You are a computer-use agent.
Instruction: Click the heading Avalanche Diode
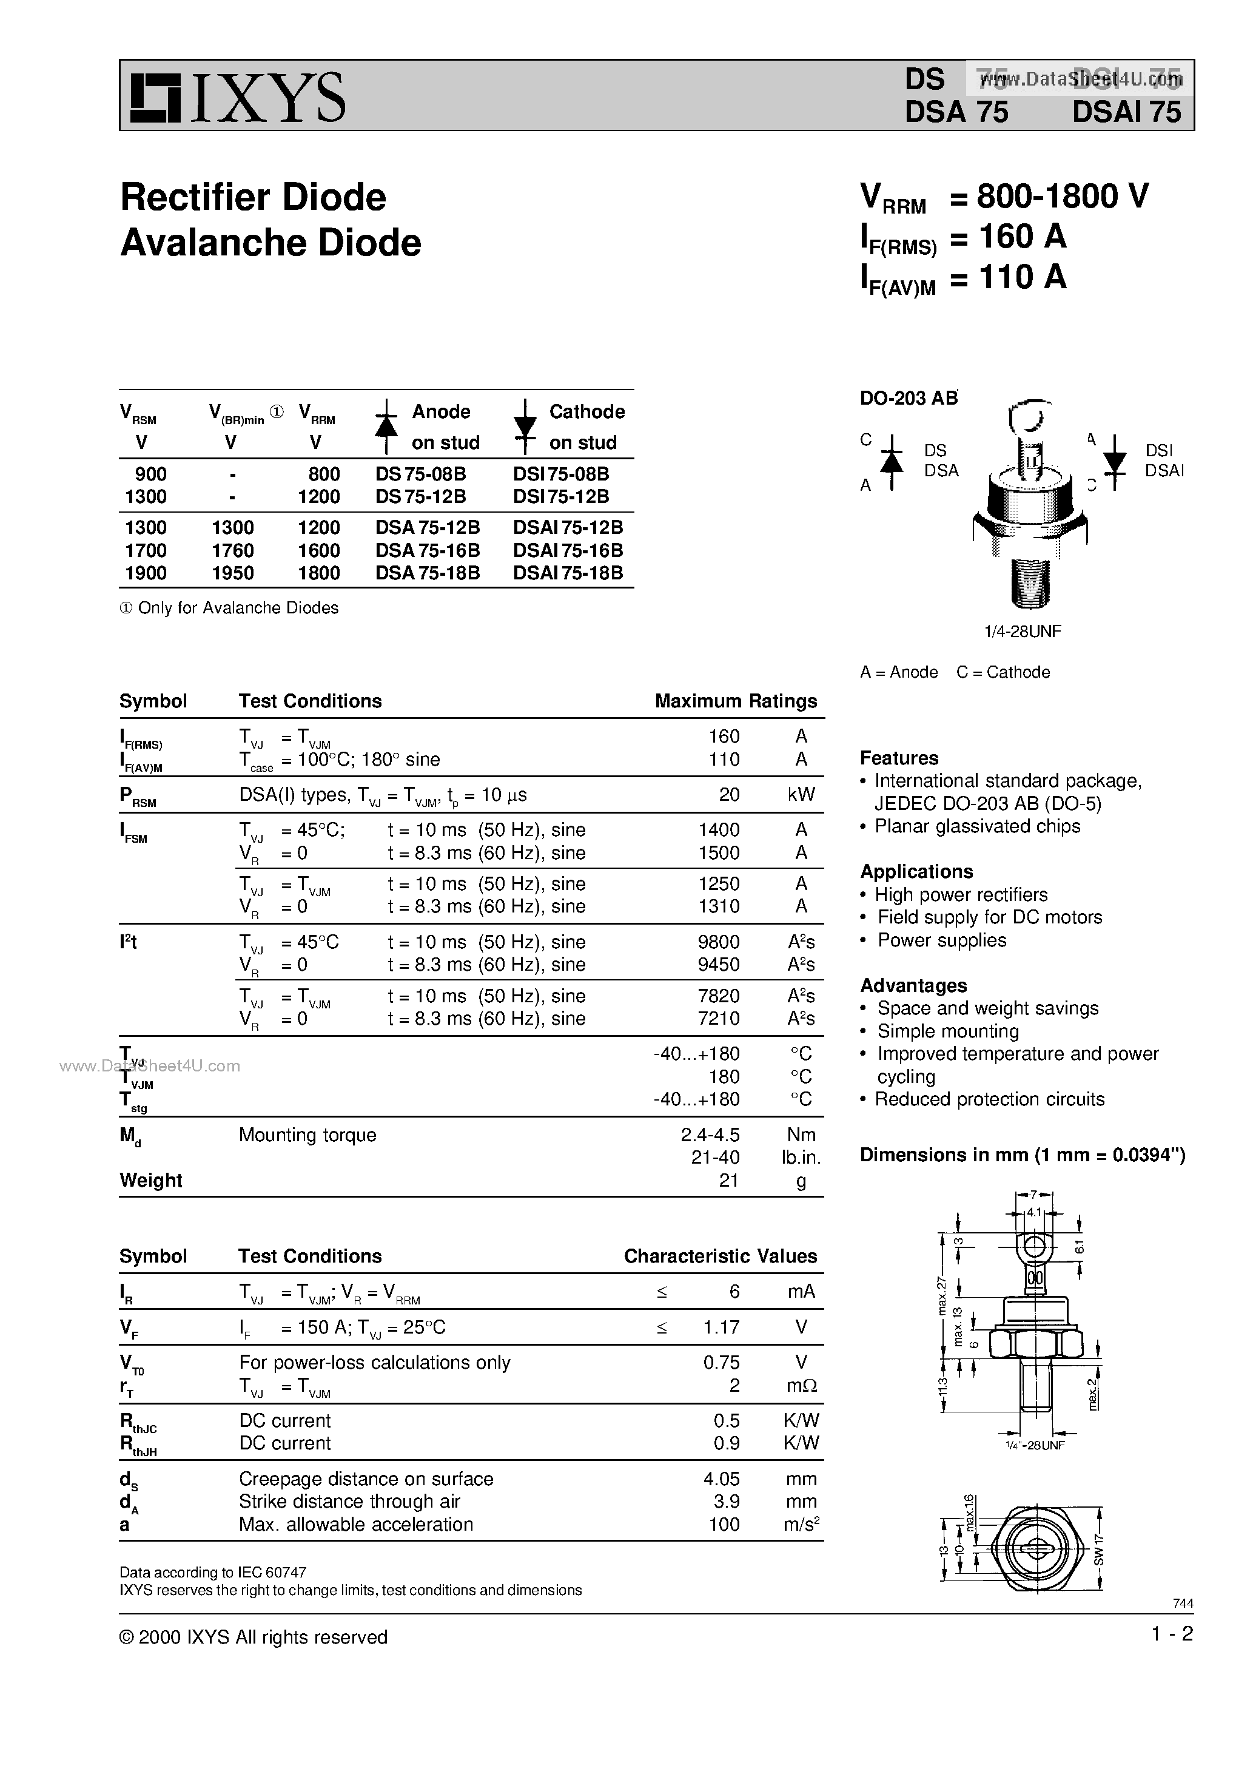(270, 243)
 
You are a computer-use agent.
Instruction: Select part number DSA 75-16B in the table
(427, 550)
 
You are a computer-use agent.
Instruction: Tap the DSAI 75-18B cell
(568, 573)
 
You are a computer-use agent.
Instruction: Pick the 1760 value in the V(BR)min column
(232, 550)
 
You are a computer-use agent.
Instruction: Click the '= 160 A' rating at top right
(1008, 237)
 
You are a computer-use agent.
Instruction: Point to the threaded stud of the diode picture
(1029, 584)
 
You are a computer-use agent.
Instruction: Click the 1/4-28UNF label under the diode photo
(1022, 631)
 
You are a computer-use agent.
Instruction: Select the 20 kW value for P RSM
(728, 794)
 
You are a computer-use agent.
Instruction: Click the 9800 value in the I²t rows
(719, 942)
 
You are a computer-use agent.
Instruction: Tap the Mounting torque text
(307, 1135)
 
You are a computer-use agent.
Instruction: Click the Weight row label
(150, 1181)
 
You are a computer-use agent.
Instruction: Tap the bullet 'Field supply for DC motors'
(989, 917)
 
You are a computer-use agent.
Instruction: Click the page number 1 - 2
(1171, 1634)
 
